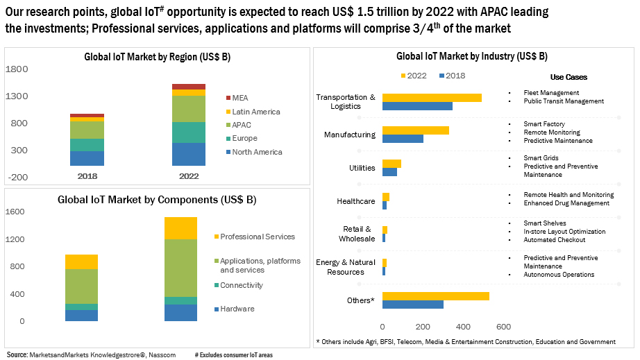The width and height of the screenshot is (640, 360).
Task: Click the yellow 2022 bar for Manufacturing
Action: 415,130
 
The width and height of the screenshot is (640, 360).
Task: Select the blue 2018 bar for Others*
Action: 412,305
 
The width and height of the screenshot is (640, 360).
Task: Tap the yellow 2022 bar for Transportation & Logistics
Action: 431,97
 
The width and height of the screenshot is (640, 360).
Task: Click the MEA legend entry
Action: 240,98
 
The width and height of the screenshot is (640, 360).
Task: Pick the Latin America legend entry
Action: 255,112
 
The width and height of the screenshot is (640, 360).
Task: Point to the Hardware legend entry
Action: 237,309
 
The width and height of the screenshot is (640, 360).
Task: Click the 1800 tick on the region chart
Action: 17,69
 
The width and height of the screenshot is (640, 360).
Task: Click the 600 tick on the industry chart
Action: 503,327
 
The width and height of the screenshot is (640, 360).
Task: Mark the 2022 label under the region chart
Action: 188,176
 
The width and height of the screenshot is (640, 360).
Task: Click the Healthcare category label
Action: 355,201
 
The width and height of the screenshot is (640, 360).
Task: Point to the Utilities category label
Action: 362,168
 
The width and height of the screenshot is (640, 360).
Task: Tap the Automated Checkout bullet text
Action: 555,240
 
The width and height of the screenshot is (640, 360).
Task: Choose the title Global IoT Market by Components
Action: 157,200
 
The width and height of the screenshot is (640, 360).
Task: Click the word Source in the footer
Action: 17,354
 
